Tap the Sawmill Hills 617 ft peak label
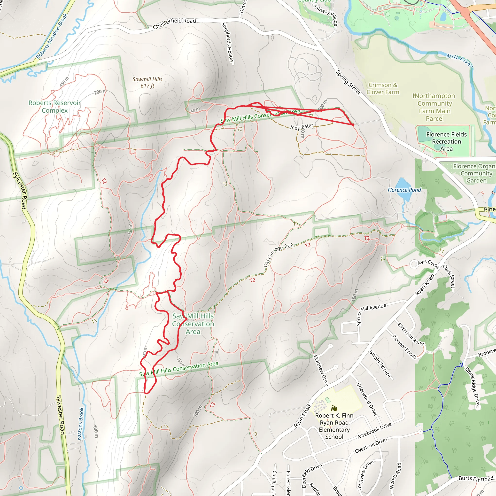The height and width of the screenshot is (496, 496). [x=147, y=82]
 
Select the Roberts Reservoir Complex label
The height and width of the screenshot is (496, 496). [x=54, y=107]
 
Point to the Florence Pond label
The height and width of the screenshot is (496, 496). [x=404, y=190]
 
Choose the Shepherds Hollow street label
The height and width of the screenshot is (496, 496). [x=228, y=42]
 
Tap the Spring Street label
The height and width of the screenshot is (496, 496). [x=348, y=82]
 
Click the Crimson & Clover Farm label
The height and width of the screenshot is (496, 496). [x=383, y=89]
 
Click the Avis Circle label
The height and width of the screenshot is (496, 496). [x=428, y=264]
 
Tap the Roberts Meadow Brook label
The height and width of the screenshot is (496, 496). [x=52, y=36]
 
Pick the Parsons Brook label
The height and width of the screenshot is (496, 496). [x=81, y=424]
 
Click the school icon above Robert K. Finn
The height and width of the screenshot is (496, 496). [x=334, y=408]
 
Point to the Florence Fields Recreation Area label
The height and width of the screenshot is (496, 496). [x=446, y=141]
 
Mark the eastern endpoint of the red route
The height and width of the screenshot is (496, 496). [x=353, y=125]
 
